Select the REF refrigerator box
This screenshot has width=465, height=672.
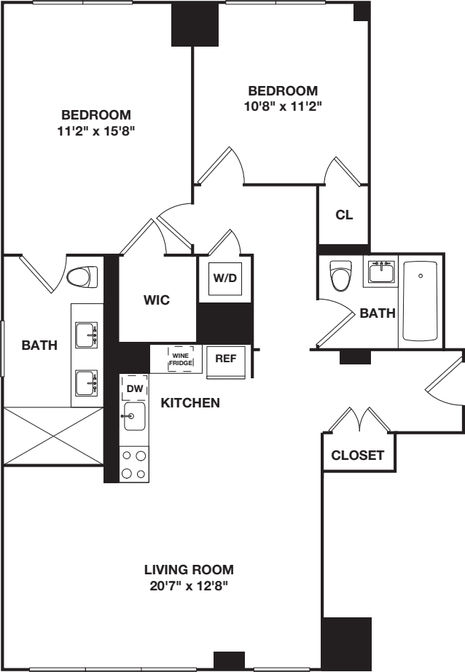(225, 359)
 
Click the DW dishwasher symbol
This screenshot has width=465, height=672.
(135, 388)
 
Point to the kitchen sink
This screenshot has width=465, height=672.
(134, 418)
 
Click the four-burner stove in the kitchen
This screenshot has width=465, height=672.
(133, 464)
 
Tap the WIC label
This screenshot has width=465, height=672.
(157, 300)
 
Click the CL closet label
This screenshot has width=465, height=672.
(344, 215)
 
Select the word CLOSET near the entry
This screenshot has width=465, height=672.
(357, 456)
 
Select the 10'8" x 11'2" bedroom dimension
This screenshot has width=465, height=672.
(283, 106)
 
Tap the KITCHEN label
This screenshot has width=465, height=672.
(190, 402)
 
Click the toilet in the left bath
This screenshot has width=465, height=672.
(82, 277)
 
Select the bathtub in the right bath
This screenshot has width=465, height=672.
(420, 301)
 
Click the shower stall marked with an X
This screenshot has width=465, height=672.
(52, 436)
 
